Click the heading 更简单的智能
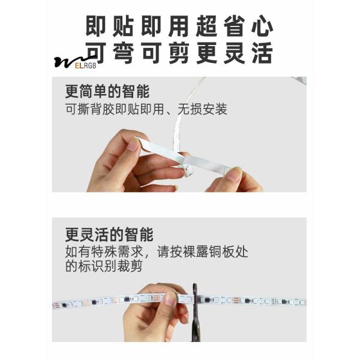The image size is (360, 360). pyautogui.click(x=107, y=93)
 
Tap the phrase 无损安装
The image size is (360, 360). pyautogui.click(x=204, y=110)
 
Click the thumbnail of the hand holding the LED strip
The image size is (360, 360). pyautogui.click(x=170, y=298)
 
